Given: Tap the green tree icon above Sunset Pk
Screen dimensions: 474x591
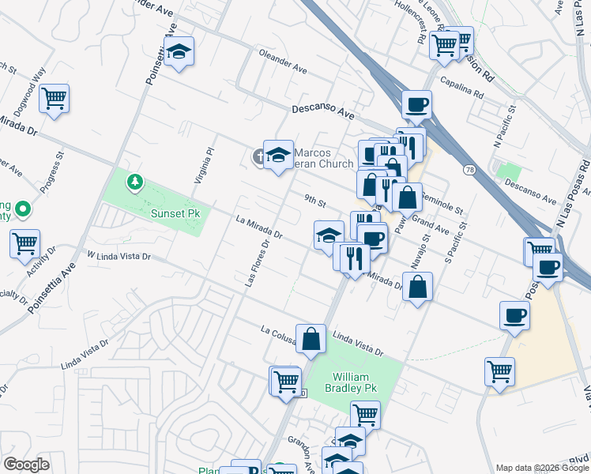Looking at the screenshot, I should [135, 183].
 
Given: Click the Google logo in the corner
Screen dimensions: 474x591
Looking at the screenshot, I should [26, 465].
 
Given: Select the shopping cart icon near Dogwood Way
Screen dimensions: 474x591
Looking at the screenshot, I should [54, 99].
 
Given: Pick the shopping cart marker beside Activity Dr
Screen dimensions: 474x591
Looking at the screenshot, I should [25, 243].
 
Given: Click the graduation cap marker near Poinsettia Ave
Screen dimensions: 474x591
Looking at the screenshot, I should [179, 51].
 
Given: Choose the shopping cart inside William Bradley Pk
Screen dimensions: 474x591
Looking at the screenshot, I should [365, 413].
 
